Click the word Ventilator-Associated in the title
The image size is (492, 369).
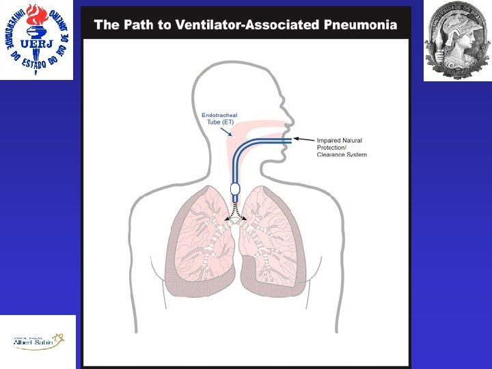(249, 25)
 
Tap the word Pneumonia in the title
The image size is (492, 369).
(360, 25)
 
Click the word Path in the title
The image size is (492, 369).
(137, 25)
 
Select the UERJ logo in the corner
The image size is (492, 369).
(36, 40)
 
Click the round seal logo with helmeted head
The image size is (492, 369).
(457, 40)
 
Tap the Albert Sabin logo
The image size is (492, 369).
(38, 341)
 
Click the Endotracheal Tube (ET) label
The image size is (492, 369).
(219, 119)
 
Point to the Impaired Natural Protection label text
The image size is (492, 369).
(339, 144)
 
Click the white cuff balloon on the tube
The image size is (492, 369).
(235, 188)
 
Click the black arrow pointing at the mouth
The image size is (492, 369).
(304, 139)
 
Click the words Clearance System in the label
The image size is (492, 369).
(342, 154)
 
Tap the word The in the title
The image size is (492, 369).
(107, 25)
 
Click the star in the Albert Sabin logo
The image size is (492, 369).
(59, 338)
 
